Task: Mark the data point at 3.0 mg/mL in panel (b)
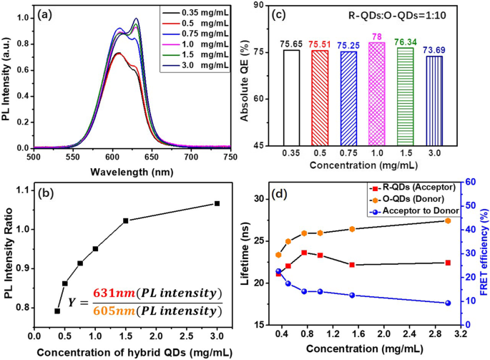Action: tap(217, 203)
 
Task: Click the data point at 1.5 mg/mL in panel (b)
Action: tap(125, 220)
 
